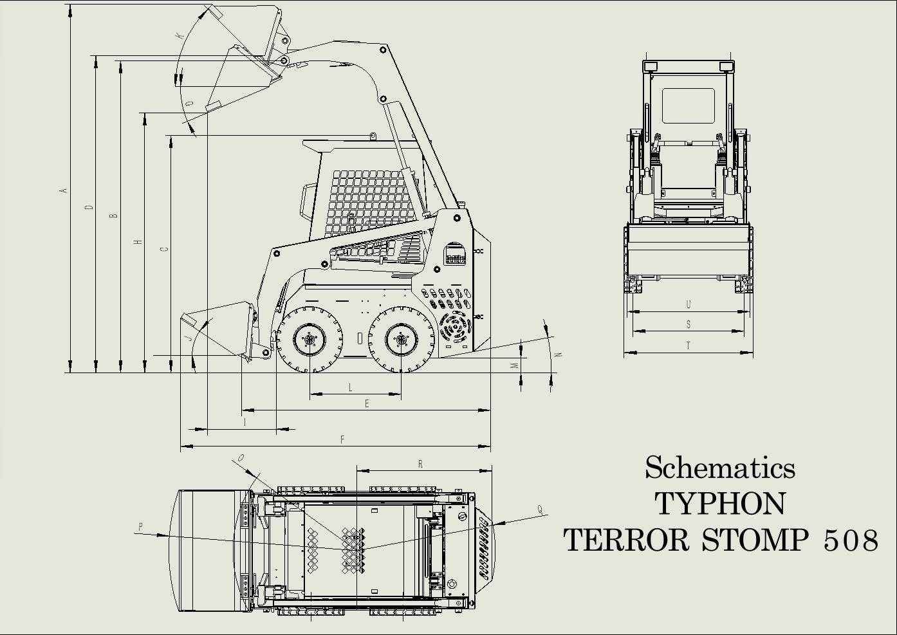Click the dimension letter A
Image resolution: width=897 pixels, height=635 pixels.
63,190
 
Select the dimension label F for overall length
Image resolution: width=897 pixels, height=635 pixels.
342,439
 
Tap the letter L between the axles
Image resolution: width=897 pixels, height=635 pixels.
351,387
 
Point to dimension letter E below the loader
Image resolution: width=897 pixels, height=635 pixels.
367,403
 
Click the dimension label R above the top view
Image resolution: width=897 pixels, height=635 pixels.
420,464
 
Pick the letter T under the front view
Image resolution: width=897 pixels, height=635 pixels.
689,345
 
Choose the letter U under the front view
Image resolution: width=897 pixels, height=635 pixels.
689,305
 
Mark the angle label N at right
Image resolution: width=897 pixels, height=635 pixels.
559,354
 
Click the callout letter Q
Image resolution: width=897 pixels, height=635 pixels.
540,510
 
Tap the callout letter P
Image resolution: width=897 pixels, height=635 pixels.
140,527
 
